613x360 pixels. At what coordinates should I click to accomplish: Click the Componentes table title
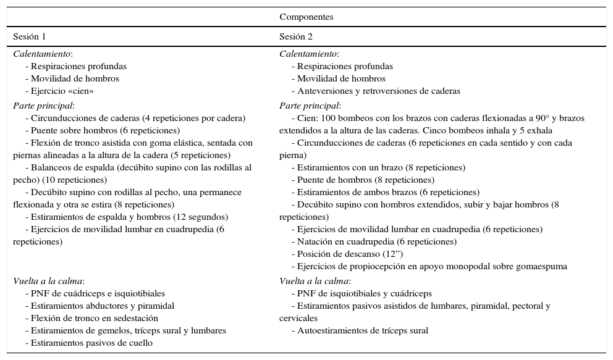306,17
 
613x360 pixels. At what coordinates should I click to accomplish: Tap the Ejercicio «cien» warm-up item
59,91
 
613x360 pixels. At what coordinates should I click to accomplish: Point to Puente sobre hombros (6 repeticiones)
103,130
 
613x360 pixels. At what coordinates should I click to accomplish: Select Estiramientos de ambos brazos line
386,192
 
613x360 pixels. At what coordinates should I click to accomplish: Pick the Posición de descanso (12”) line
350,254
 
